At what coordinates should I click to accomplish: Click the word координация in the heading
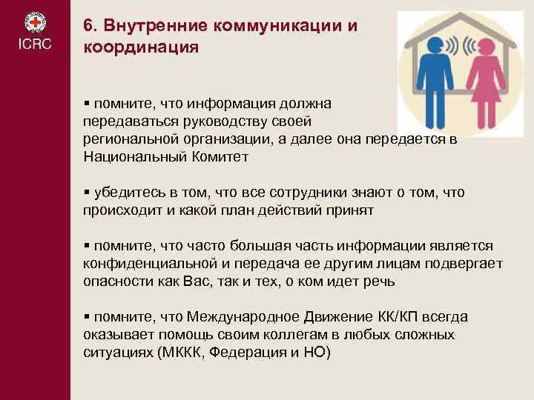pyautogui.click(x=140, y=47)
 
